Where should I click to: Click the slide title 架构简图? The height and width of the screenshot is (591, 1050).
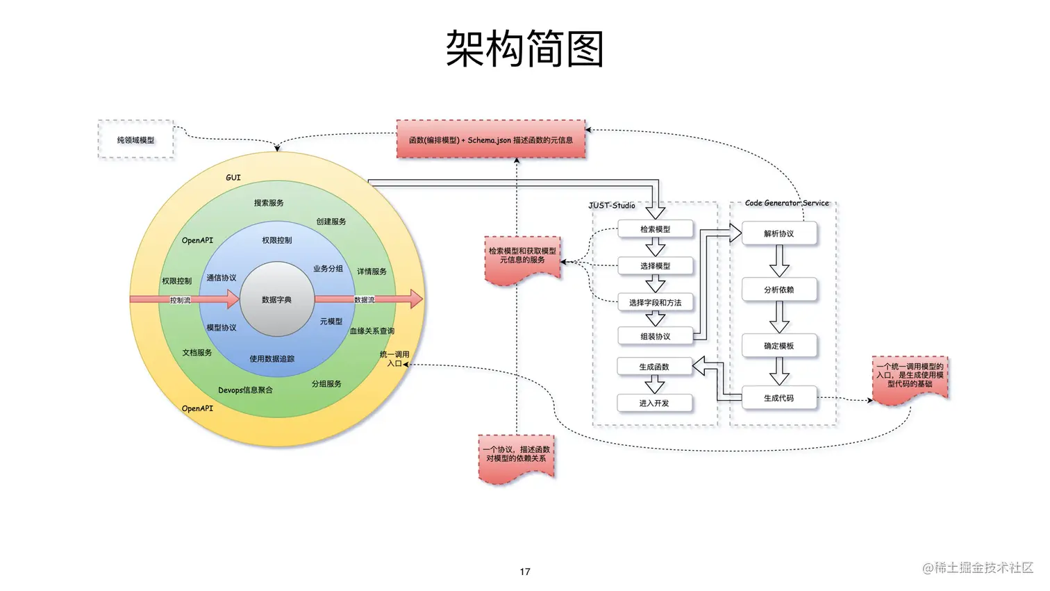click(524, 49)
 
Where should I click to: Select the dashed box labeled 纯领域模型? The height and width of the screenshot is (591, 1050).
click(135, 140)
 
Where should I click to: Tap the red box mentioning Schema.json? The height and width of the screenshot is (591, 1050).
click(490, 140)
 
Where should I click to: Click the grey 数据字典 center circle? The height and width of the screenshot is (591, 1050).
click(276, 299)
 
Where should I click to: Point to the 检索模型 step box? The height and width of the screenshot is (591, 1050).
click(655, 229)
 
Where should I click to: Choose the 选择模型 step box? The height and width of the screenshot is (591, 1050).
click(655, 266)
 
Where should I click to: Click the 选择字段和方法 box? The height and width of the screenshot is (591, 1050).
click(655, 302)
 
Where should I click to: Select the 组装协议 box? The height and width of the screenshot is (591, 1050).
click(655, 336)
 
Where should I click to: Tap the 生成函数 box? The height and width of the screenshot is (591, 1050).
click(653, 367)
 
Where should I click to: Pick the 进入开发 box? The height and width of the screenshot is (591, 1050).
click(653, 403)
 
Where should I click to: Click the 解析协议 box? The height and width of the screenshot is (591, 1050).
click(778, 233)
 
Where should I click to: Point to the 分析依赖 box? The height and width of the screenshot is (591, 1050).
click(778, 290)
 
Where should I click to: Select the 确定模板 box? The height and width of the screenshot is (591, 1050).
click(778, 346)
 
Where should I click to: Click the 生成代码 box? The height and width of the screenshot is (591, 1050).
click(778, 398)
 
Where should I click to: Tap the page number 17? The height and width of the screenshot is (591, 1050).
click(525, 572)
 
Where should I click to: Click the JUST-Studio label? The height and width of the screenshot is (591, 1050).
click(612, 206)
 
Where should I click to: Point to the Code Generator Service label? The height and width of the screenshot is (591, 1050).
click(787, 203)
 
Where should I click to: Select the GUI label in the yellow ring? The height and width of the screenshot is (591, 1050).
click(233, 178)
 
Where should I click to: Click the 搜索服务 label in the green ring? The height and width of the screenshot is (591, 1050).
click(269, 203)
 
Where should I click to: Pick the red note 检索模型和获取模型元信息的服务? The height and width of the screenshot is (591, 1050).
click(522, 257)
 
